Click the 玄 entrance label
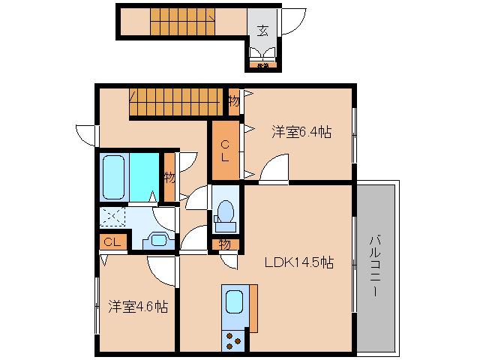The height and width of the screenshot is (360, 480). pyautogui.click(x=262, y=31)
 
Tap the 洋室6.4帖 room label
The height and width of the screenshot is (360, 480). pyautogui.click(x=301, y=132)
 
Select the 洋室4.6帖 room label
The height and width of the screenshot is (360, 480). pyautogui.click(x=137, y=307)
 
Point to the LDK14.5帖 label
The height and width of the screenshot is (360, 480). pyautogui.click(x=298, y=263)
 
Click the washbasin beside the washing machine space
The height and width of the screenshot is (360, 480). pyautogui.click(x=157, y=240)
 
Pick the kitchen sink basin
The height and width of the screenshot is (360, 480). pyautogui.click(x=234, y=304)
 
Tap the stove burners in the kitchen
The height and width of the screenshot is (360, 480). pyautogui.click(x=234, y=340)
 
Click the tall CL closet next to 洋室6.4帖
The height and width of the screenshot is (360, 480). pyautogui.click(x=225, y=150)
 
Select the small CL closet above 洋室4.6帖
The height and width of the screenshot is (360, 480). pyautogui.click(x=112, y=241)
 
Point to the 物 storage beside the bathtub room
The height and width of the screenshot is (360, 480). pyautogui.click(x=169, y=178)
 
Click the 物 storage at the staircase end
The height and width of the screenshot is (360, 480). pyautogui.click(x=233, y=100)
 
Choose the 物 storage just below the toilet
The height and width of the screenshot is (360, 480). pyautogui.click(x=225, y=243)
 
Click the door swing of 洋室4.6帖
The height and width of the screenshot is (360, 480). pyautogui.click(x=161, y=268)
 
